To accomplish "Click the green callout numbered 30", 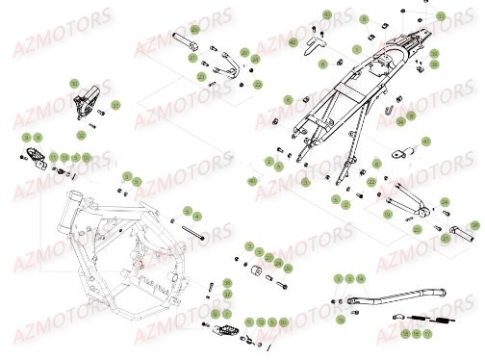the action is coord(74,84).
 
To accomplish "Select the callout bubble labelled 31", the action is coord(116,104).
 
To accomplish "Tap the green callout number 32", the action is coord(80,136).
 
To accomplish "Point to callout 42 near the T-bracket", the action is coord(294,44).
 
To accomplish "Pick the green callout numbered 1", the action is coord(356,48).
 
